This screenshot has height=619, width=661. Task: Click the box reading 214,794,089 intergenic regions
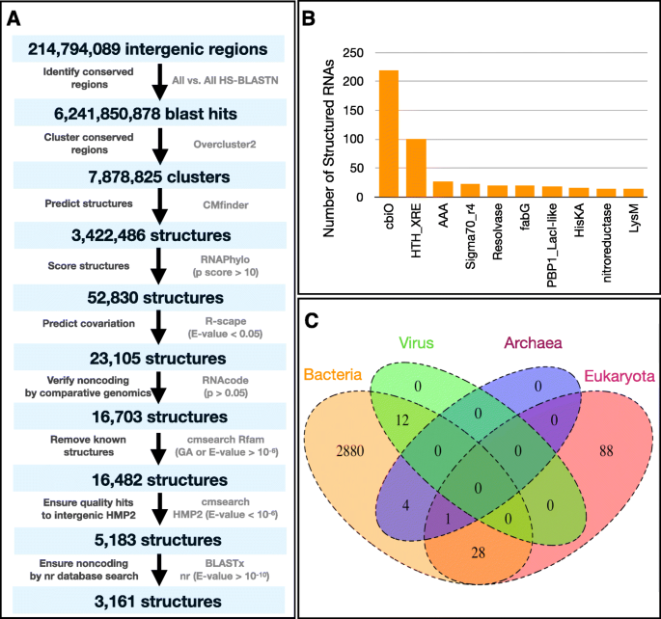coord(149,47)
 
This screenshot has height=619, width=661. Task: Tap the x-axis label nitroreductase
coord(606,231)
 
